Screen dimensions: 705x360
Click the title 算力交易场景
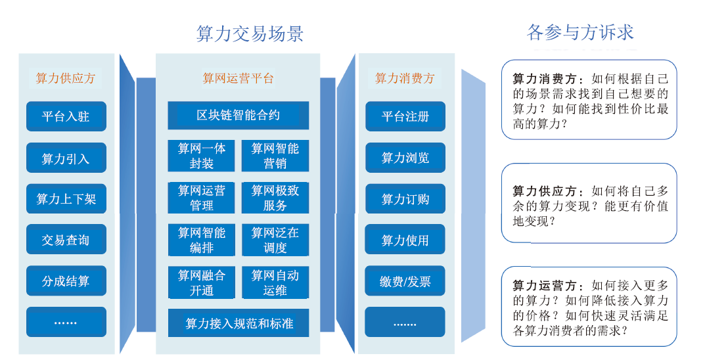[250, 34]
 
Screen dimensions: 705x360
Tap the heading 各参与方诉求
[580, 32]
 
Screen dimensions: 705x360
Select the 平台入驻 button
[66, 116]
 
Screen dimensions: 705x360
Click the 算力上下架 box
[66, 198]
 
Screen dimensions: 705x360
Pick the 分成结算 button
[66, 281]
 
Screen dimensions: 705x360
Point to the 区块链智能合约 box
[239, 116]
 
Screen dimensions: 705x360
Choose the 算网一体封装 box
[202, 156]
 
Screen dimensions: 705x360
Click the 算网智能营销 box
[275, 156]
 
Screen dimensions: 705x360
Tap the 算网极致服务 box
[275, 198]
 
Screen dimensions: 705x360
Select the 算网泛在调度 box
[275, 240]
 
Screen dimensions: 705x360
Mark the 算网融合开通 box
[202, 282]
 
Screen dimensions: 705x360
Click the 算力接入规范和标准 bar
[239, 323]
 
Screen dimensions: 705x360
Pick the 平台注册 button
[405, 116]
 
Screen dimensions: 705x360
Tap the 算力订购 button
[405, 198]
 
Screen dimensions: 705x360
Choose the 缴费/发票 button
[405, 281]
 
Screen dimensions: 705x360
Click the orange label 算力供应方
[66, 78]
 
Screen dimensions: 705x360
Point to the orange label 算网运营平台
[238, 78]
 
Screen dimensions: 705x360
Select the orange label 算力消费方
[405, 78]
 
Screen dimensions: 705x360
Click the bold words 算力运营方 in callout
[545, 285]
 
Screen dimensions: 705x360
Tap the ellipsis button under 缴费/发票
[405, 323]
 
